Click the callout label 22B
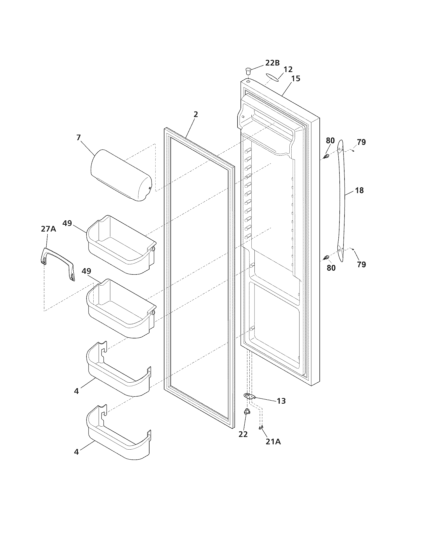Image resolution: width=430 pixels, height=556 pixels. pos(272,63)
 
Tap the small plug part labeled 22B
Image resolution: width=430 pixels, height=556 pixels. pos(248,70)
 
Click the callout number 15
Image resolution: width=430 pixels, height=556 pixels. pos(296,78)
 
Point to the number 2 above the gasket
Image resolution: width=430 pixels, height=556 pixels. pos(195,114)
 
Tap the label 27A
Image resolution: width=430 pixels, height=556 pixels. pos(48,229)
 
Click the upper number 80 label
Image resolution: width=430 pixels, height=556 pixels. pos(330,141)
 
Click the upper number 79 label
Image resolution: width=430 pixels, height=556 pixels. pos(361,142)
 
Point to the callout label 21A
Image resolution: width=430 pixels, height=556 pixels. pos(273,442)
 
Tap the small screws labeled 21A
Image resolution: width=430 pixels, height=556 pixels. pos(261,427)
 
